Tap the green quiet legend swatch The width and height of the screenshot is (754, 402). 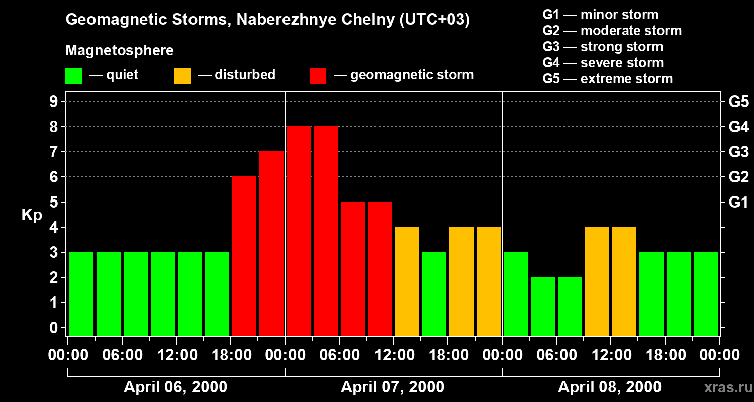73,75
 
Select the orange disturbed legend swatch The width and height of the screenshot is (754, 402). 182,75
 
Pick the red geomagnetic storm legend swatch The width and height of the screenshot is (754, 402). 318,75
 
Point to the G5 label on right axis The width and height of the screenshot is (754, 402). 738,102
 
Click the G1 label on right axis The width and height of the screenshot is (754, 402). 738,203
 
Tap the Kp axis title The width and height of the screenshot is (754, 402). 32,215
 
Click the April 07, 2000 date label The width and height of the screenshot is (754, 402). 393,387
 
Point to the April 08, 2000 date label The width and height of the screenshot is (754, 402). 610,387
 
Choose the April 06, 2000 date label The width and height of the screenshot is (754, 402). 175,387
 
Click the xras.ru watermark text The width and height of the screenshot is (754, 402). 727,387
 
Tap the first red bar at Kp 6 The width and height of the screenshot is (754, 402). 244,256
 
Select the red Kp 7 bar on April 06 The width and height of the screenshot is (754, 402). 271,243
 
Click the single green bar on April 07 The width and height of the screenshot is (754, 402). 434,293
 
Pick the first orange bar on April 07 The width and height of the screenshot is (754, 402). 407,281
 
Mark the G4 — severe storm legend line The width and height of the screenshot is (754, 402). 603,63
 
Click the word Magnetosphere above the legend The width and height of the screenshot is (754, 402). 120,51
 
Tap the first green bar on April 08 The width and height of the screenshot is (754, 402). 516,293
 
